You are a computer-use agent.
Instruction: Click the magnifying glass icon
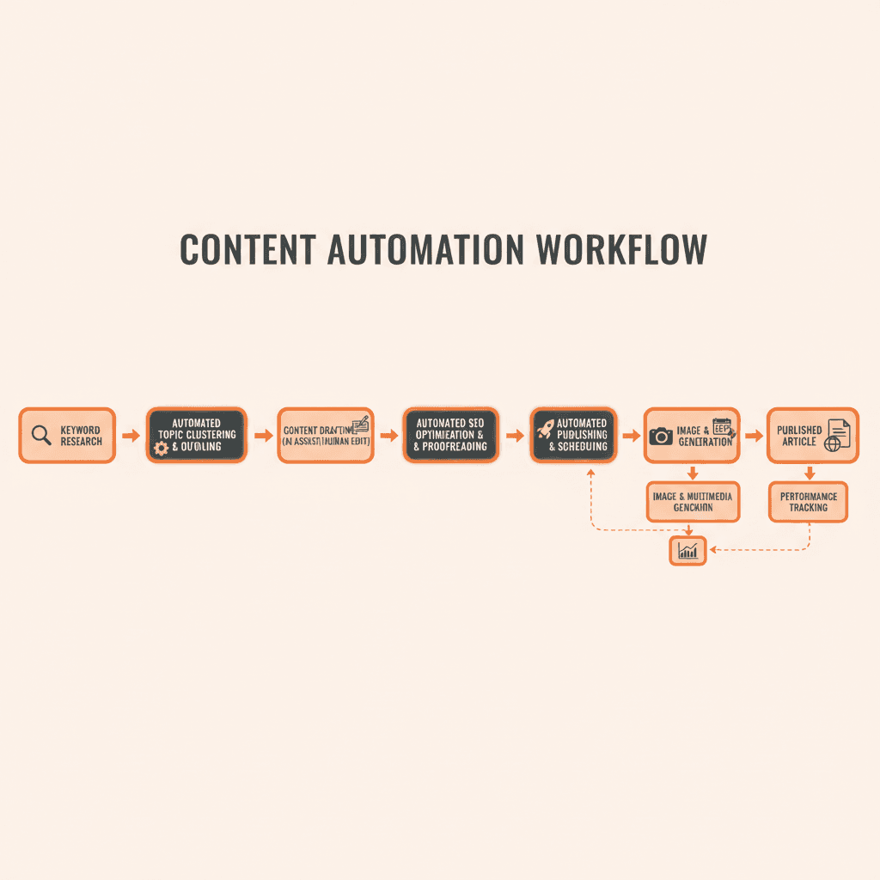coord(40,435)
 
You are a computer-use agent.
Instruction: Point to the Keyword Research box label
coord(81,436)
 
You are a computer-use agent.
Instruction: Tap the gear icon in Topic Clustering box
coord(161,448)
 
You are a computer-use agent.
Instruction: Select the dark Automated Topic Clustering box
coord(196,435)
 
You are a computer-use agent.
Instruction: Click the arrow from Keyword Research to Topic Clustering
coord(131,436)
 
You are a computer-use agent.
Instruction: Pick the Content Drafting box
coord(326,435)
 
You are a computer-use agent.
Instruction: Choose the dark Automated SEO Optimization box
coord(450,435)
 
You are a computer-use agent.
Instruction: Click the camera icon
coord(661,437)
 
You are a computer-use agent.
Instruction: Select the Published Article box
coord(812,435)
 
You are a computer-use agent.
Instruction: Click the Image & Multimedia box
coord(693,501)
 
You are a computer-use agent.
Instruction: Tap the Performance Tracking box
coord(808,501)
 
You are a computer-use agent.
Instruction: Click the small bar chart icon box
coord(687,551)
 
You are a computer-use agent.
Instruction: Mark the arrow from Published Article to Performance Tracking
coord(809,473)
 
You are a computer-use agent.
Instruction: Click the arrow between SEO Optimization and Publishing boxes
coord(515,436)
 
